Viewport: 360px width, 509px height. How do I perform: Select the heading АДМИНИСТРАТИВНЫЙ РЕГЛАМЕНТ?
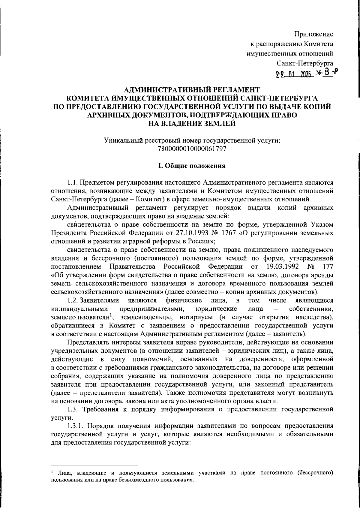pos(192,89)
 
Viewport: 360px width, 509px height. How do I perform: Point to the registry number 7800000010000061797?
pos(192,149)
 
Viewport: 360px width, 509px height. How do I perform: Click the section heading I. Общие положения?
pos(192,166)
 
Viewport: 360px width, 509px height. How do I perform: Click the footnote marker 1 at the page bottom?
pos(52,472)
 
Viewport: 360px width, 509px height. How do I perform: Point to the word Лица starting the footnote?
pos(64,474)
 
